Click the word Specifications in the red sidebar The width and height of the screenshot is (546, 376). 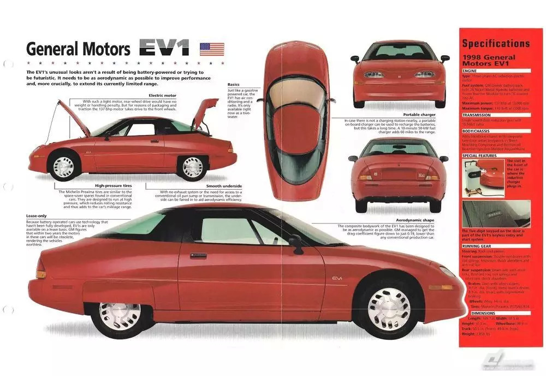tap(495, 43)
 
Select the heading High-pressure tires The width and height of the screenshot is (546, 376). tap(113, 185)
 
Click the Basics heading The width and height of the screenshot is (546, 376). tap(234, 85)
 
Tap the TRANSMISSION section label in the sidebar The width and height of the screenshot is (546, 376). tap(477, 115)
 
